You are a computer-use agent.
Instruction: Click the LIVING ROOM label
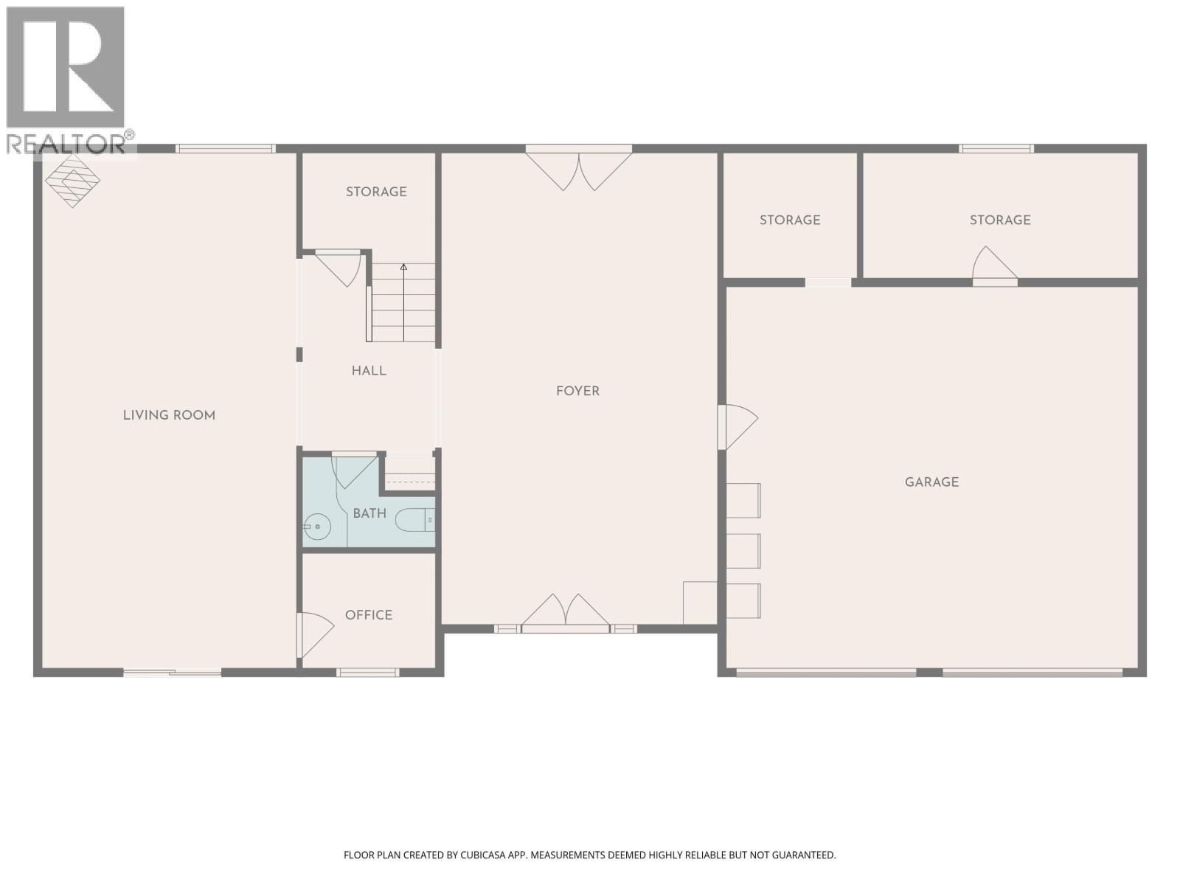pyautogui.click(x=169, y=415)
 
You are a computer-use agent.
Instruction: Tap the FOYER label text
pyautogui.click(x=577, y=391)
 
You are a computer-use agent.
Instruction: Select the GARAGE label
pyautogui.click(x=931, y=482)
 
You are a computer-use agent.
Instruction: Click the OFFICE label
pyautogui.click(x=369, y=615)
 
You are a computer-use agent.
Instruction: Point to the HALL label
pyautogui.click(x=369, y=371)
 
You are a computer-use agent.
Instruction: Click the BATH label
pyautogui.click(x=369, y=513)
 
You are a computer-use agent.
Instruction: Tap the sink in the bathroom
pyautogui.click(x=317, y=527)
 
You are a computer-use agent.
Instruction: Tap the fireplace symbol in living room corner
pyautogui.click(x=72, y=181)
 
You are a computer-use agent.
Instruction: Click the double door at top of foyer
pyautogui.click(x=579, y=168)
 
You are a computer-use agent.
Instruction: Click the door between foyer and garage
pyautogui.click(x=737, y=426)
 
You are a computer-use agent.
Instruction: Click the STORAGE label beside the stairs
pyautogui.click(x=376, y=192)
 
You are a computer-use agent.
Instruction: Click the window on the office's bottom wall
pyautogui.click(x=367, y=672)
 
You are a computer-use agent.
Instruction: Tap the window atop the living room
pyautogui.click(x=225, y=149)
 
